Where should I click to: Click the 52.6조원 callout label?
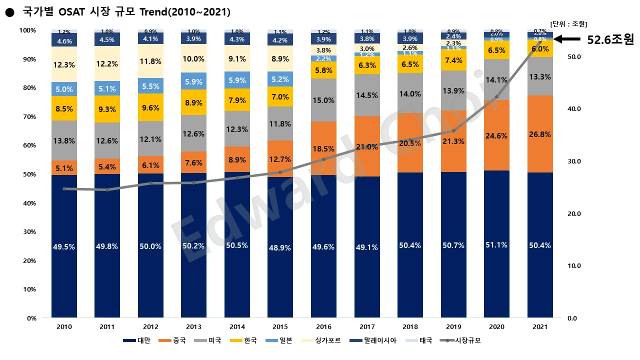click(x=610, y=40)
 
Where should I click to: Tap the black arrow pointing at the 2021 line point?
click(x=567, y=39)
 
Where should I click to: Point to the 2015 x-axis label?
click(x=280, y=326)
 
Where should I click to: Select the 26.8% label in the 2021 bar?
click(x=540, y=134)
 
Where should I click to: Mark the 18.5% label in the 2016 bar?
click(x=323, y=149)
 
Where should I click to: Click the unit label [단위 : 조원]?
click(x=568, y=23)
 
